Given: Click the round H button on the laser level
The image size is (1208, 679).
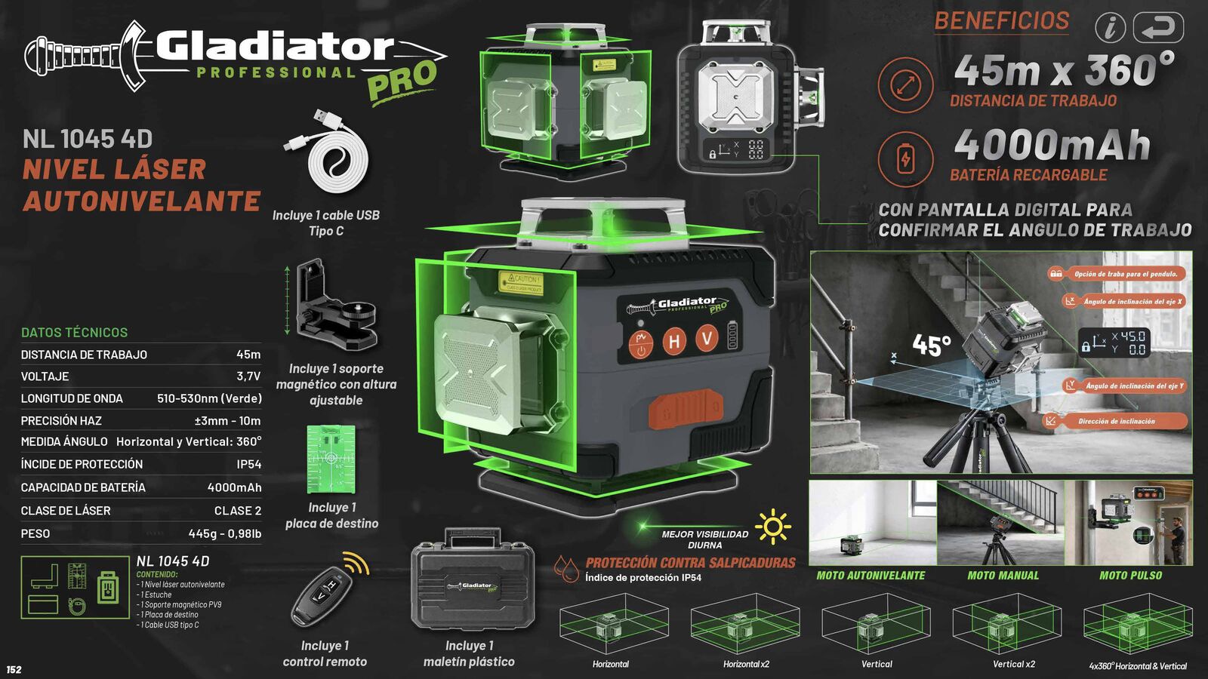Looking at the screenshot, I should click(673, 342).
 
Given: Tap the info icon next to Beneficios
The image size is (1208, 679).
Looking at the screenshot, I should click(1110, 29).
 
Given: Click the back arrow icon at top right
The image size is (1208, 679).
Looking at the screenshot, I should click(1158, 28).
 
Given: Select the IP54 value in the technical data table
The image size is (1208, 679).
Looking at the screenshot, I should click(248, 465).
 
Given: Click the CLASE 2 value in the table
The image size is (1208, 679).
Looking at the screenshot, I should click(237, 511).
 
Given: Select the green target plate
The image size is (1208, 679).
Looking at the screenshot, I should click(331, 459).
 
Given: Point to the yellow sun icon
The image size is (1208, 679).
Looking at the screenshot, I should click(772, 527).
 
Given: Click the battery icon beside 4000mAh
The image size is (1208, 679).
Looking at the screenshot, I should click(905, 159).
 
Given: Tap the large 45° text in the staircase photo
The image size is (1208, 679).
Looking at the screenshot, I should click(932, 346).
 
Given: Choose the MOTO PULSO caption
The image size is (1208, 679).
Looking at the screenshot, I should click(1130, 576).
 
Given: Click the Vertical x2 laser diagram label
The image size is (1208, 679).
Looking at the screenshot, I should click(1013, 665).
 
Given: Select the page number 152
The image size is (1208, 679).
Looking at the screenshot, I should click(14, 669).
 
